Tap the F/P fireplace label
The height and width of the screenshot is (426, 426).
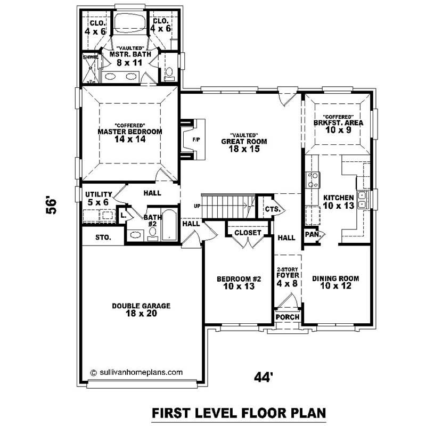(195, 140)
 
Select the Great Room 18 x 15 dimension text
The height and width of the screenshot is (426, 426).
(244, 150)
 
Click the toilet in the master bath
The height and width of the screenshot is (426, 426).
(170, 73)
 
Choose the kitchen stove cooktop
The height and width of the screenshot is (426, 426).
(312, 178)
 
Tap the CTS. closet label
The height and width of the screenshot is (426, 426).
(272, 209)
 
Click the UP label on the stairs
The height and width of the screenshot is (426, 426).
(198, 205)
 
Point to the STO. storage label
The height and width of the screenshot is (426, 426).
(103, 237)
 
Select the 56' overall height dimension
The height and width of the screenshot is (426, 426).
(51, 206)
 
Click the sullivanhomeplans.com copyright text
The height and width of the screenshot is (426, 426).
(137, 373)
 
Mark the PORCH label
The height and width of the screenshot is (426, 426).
(288, 317)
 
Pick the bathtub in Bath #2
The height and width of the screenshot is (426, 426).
(168, 226)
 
